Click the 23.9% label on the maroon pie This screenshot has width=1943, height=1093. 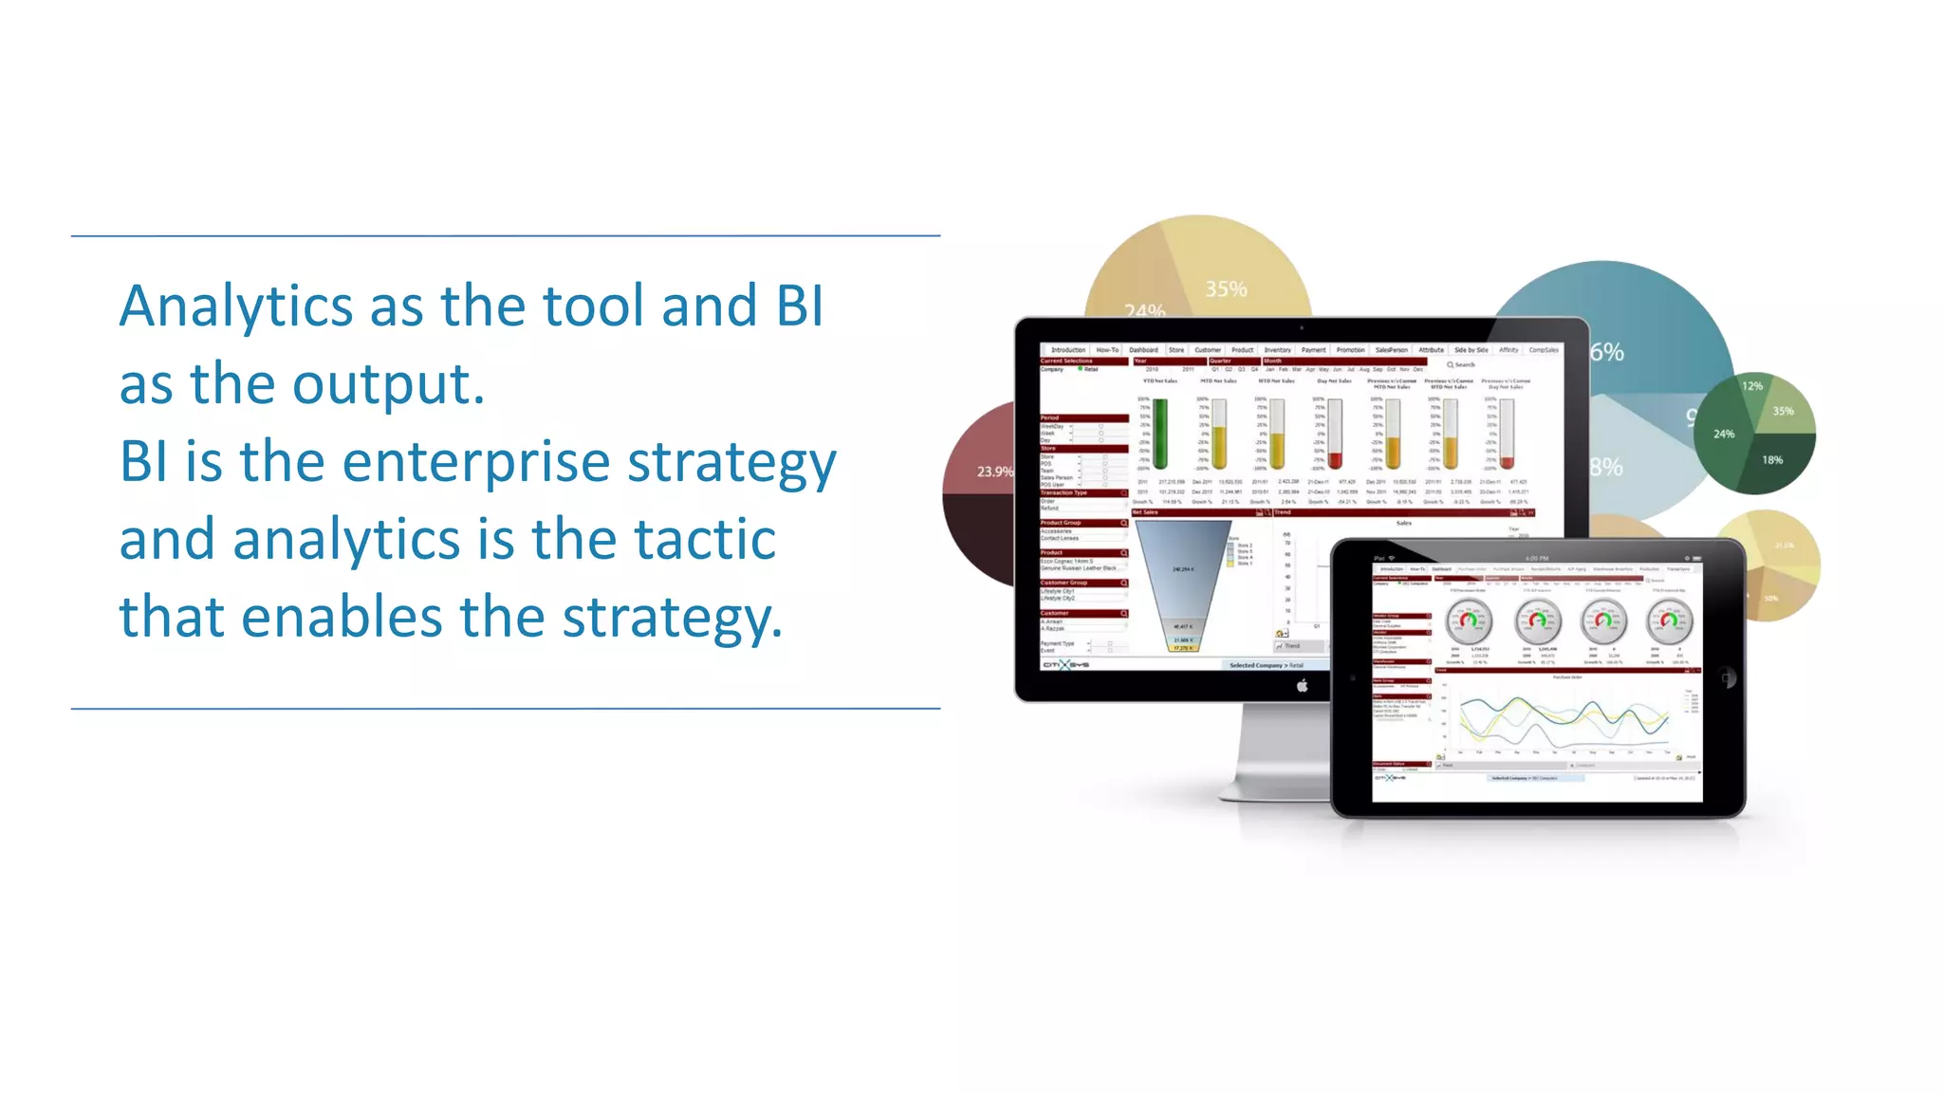(x=994, y=472)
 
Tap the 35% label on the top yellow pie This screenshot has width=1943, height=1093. (x=1226, y=289)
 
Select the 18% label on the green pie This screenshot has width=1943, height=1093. (x=1772, y=460)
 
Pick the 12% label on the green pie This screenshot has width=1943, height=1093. (x=1751, y=386)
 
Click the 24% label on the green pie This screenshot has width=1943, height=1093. (x=1724, y=434)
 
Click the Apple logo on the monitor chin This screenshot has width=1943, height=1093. (x=1302, y=686)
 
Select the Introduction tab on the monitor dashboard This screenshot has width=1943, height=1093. (x=1067, y=350)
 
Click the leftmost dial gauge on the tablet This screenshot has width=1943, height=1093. (x=1469, y=621)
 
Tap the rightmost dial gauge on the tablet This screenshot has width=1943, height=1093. (x=1669, y=621)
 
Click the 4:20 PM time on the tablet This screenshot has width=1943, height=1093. (x=1537, y=558)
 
